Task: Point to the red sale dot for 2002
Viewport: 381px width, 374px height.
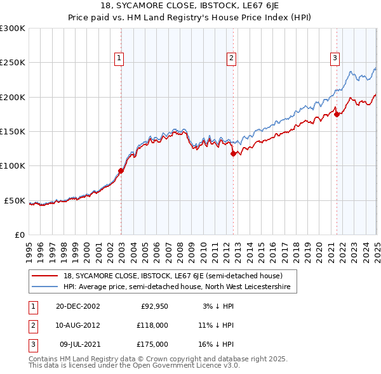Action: tap(121, 171)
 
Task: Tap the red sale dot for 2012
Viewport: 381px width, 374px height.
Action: tap(233, 153)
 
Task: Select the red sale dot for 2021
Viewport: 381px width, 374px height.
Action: tap(337, 114)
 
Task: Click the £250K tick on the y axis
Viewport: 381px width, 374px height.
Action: tap(13, 63)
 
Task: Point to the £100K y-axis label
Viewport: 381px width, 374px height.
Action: tap(13, 166)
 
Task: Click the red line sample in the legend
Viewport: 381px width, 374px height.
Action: tap(46, 276)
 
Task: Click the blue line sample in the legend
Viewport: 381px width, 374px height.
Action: tap(46, 287)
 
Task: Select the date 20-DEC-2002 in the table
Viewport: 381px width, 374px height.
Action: tap(77, 306)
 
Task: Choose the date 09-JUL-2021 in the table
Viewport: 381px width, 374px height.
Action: tap(77, 344)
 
